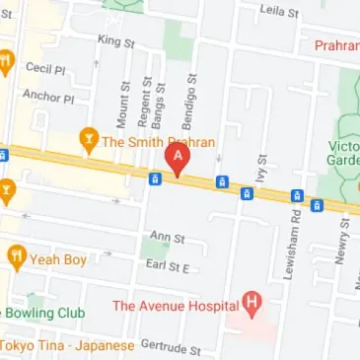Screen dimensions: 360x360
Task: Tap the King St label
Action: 116,40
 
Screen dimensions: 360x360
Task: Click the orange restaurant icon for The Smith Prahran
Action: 89,140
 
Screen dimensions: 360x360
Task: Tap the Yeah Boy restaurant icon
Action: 17,259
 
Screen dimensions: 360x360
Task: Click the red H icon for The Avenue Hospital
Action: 253,305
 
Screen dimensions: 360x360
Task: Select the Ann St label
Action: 167,238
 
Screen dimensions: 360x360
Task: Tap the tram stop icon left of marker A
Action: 155,179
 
